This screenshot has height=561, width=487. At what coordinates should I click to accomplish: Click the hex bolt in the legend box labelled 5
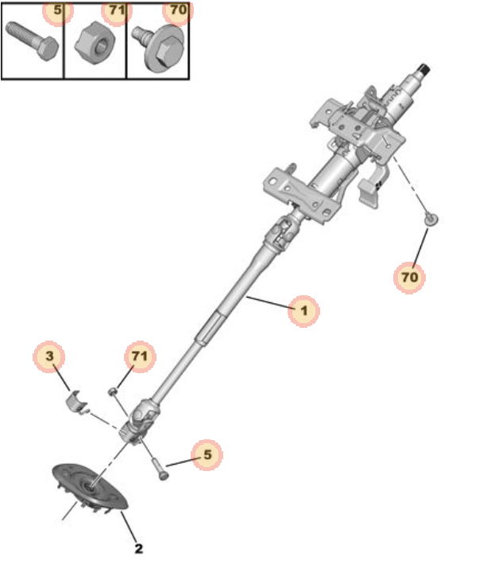click(32, 41)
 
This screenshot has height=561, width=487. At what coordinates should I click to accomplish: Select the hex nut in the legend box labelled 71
click(95, 43)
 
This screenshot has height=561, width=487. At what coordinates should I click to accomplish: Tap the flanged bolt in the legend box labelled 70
click(159, 47)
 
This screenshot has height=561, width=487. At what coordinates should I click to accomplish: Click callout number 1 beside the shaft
click(303, 310)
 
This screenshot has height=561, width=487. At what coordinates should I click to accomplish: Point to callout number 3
click(49, 356)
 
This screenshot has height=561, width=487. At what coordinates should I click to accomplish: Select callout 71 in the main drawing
click(139, 356)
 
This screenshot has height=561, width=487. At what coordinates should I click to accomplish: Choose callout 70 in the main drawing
click(409, 277)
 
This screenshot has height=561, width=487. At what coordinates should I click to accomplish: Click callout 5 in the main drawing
click(207, 454)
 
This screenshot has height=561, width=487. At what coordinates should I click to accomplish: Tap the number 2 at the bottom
click(139, 548)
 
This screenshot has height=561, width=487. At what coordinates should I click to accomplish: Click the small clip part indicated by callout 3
click(77, 402)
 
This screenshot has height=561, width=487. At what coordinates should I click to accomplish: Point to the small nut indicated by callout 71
click(113, 392)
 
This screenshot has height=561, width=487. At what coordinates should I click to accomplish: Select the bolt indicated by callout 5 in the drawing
click(160, 467)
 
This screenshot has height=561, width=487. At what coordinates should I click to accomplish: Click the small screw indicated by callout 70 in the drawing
click(431, 219)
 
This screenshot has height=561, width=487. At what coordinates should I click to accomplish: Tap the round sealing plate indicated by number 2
click(90, 486)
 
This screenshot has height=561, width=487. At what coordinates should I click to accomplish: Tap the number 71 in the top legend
click(118, 10)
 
